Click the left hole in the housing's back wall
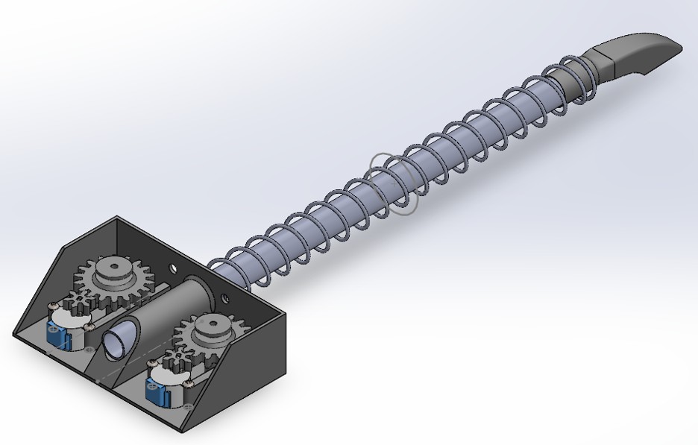tap(173, 266)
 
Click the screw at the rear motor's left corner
tap(51, 307)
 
